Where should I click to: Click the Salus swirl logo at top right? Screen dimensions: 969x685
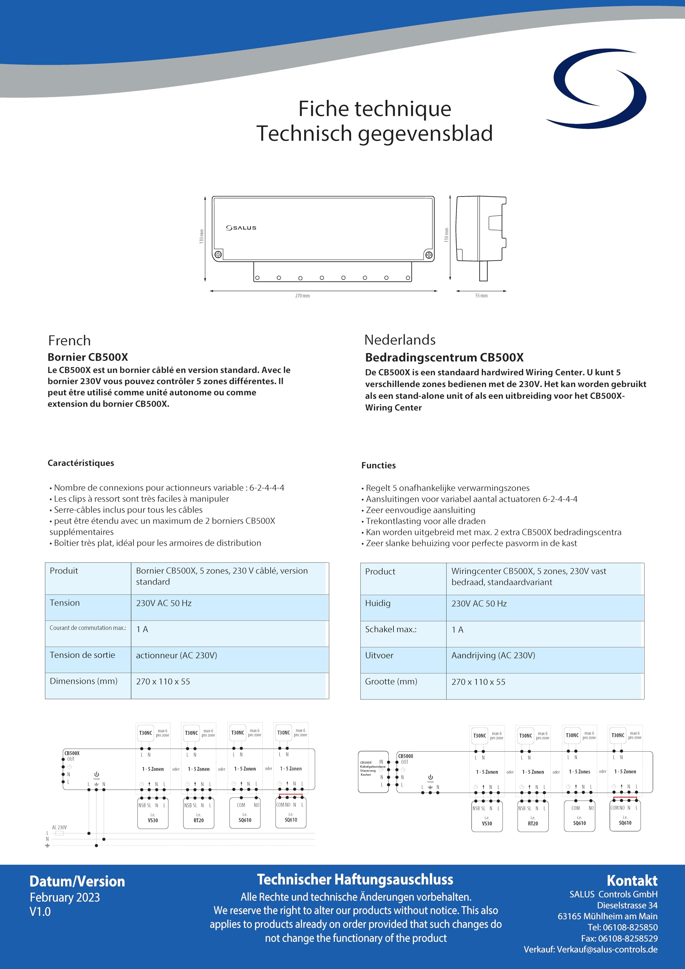click(x=596, y=89)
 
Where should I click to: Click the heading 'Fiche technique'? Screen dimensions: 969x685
click(x=374, y=109)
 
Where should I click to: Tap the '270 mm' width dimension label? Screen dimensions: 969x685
click(x=302, y=296)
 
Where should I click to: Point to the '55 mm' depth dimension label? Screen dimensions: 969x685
click(x=481, y=296)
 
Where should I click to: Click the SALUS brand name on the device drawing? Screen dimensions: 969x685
click(x=241, y=228)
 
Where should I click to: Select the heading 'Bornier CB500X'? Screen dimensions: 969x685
click(x=88, y=357)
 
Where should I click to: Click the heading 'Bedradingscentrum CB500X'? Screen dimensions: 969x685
click(x=444, y=357)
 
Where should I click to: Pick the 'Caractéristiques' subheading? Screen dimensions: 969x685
click(x=81, y=463)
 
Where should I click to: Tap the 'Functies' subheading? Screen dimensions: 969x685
click(x=378, y=466)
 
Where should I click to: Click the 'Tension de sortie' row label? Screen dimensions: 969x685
click(x=82, y=655)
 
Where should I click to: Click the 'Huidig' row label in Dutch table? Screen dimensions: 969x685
click(x=378, y=603)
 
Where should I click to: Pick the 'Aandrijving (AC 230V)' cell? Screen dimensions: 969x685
click(x=493, y=656)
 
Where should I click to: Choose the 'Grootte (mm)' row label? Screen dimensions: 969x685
click(x=391, y=682)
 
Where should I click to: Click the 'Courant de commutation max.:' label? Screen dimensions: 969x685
click(x=88, y=628)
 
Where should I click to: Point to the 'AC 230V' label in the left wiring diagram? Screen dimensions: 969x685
click(x=59, y=827)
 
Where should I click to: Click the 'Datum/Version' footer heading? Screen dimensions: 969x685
click(x=77, y=881)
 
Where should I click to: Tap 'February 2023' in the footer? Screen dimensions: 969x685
click(x=65, y=897)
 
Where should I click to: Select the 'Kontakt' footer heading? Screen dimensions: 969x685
click(x=632, y=880)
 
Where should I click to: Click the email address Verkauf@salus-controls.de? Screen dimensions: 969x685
click(x=607, y=950)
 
